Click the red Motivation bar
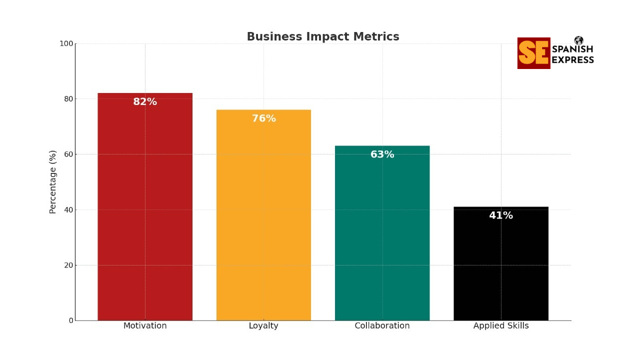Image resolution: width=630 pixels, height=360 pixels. click(x=145, y=210)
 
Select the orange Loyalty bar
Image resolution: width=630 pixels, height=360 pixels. click(x=263, y=220)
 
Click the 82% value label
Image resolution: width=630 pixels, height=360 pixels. click(x=145, y=102)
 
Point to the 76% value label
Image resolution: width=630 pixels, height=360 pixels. click(x=263, y=119)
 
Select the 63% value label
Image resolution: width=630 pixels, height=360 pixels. click(x=382, y=155)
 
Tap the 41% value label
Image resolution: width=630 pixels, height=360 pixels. click(x=500, y=216)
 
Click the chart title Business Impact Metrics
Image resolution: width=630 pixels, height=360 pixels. click(x=323, y=37)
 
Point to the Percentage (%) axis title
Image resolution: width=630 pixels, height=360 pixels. click(x=53, y=181)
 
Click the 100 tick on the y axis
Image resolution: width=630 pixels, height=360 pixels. click(x=66, y=43)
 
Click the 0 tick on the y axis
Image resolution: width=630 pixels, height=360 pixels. click(x=70, y=320)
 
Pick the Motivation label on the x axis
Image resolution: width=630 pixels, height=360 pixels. click(x=145, y=326)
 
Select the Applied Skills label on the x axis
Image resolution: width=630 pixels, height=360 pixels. click(x=500, y=326)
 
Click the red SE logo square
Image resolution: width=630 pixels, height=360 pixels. click(x=533, y=53)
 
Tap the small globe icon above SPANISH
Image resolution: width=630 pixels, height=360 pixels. click(x=578, y=40)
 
